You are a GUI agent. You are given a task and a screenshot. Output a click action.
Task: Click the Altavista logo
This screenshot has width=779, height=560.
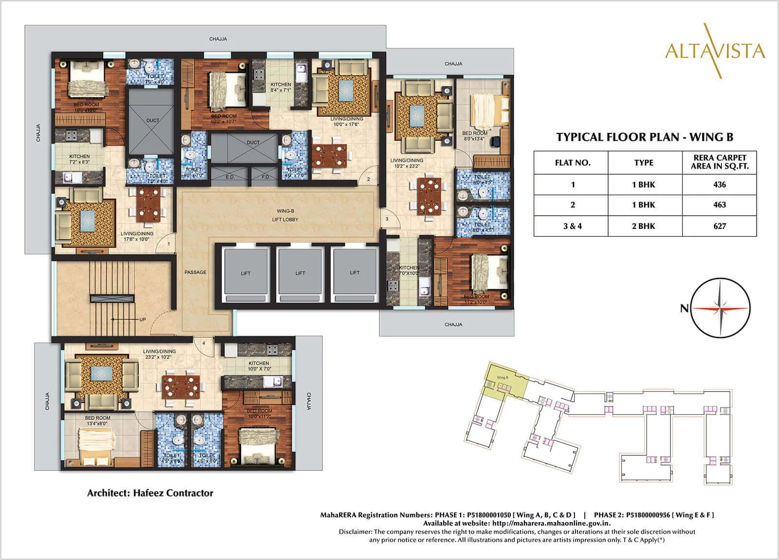[x=714, y=50]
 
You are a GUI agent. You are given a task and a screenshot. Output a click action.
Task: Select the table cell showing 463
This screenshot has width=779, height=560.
[x=719, y=205]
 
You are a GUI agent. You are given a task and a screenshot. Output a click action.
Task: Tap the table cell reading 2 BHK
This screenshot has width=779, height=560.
[x=644, y=226]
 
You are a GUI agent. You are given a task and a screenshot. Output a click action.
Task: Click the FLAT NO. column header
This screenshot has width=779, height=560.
[x=572, y=163]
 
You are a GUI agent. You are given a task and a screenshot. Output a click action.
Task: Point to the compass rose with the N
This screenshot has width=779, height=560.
[x=721, y=309]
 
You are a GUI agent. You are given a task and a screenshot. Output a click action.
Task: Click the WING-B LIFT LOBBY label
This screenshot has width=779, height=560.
[x=285, y=215]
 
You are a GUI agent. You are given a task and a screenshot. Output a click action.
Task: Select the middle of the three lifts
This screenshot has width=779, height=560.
[x=300, y=273]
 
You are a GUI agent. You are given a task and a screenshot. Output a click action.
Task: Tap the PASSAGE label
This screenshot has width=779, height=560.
[x=195, y=272]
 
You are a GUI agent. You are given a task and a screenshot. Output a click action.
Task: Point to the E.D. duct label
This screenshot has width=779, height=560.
[x=230, y=177]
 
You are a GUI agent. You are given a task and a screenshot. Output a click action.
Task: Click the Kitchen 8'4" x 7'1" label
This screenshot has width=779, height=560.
[x=281, y=88]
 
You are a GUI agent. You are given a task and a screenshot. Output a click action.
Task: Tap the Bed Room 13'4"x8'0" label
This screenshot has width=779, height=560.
[x=98, y=421]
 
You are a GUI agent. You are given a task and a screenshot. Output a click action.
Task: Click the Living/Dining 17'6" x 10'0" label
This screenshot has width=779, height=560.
[x=137, y=236]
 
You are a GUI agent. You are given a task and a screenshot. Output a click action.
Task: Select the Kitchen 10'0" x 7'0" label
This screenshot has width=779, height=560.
[x=259, y=366]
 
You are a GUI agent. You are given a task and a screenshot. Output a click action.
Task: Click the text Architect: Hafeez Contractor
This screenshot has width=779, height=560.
[x=150, y=493]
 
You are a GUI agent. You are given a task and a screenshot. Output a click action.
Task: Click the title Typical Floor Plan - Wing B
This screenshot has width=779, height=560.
[x=645, y=137]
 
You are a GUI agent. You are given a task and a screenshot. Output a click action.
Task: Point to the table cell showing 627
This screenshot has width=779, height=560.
[x=719, y=226]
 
